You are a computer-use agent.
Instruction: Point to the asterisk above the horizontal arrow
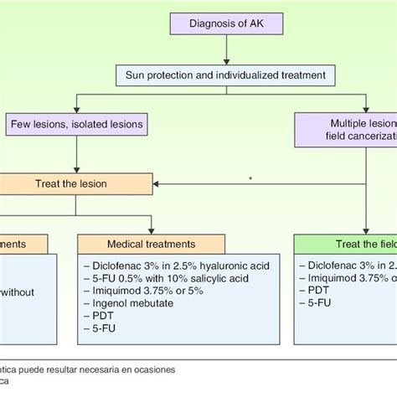click(250, 178)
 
